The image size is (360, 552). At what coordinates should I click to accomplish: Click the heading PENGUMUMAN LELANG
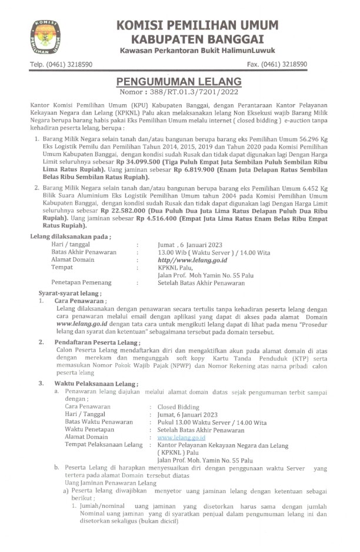click(x=179, y=81)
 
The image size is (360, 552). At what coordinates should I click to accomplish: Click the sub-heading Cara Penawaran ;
click(x=77, y=301)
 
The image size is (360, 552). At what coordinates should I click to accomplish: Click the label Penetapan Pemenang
click(x=81, y=282)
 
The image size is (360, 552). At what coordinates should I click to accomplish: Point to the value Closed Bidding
click(x=178, y=407)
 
